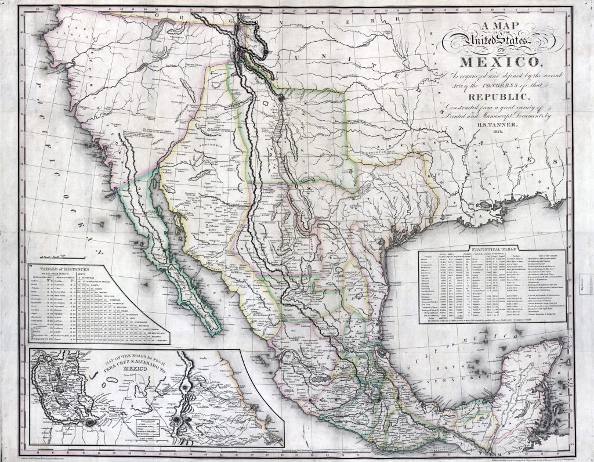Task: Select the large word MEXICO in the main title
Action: [x=500, y=62]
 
